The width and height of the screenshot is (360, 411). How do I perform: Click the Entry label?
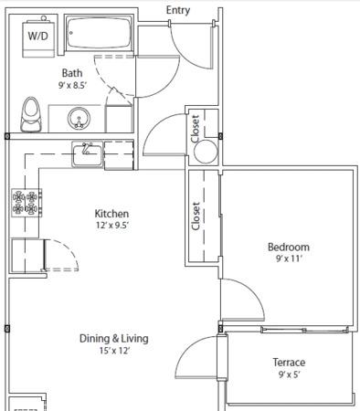(178, 10)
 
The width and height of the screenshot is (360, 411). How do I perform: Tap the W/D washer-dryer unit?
(38, 37)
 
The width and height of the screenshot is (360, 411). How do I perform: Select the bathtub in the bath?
(99, 33)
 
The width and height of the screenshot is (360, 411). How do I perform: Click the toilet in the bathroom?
(31, 114)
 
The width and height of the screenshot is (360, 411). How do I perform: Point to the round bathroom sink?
(79, 118)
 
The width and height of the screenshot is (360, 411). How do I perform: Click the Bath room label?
(72, 73)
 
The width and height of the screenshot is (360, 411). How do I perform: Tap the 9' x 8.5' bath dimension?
(73, 85)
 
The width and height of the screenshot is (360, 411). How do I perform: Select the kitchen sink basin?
(87, 154)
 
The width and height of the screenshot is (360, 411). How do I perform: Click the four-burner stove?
(26, 203)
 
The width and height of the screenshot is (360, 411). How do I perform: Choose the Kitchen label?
(111, 214)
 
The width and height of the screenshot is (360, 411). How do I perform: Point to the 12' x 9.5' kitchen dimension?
(112, 226)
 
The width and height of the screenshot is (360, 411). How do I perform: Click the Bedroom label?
(289, 247)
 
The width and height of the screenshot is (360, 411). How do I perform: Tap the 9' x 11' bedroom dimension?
(289, 258)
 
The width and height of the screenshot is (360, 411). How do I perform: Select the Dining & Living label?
(114, 339)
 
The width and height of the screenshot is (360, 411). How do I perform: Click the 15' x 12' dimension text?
(114, 351)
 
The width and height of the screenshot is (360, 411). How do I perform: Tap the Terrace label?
(289, 363)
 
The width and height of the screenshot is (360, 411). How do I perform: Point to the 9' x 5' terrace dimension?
(289, 374)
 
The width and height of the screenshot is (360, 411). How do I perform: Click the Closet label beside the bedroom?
(196, 216)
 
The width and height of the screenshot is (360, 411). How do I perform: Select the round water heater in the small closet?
(206, 152)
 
